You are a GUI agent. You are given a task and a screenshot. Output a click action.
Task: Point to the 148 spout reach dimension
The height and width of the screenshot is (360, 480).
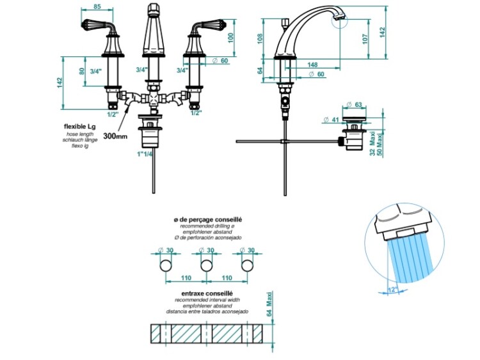click(x=313, y=64)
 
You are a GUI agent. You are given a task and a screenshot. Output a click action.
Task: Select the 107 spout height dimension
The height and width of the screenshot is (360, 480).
click(x=365, y=38)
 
